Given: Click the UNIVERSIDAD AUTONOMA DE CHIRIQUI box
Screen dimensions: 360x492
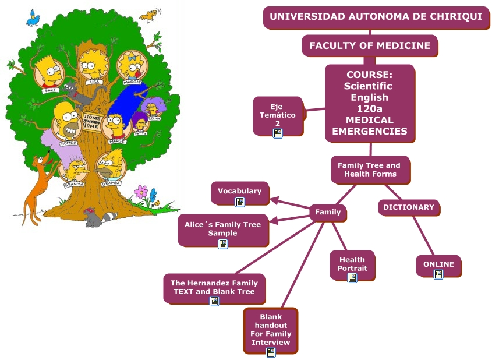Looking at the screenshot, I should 376,16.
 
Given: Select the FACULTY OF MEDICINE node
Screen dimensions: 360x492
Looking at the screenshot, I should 370,45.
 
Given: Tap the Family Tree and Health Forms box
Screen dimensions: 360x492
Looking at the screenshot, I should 369,170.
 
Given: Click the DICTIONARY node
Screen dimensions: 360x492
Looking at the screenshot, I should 409,207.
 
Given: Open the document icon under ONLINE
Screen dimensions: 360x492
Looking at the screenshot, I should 438,274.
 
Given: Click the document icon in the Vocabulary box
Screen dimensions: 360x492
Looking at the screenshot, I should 240,202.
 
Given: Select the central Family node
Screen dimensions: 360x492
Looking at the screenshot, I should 328,213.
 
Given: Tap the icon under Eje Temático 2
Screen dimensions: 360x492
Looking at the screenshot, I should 278,133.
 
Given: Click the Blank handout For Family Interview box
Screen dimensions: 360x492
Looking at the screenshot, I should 271,330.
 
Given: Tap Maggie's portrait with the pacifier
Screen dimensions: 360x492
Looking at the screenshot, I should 133,65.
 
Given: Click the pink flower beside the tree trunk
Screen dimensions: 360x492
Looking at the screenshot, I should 140,191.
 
